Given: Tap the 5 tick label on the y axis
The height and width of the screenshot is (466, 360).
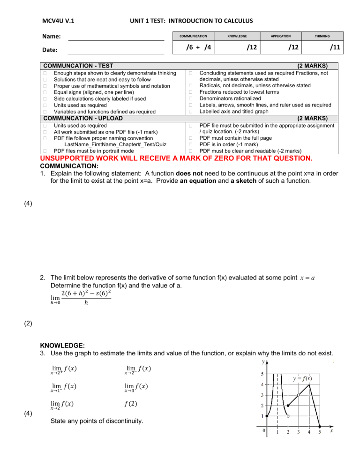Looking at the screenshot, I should [x=262, y=374].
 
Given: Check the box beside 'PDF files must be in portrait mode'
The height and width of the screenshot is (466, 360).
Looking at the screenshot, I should [x=44, y=151].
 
